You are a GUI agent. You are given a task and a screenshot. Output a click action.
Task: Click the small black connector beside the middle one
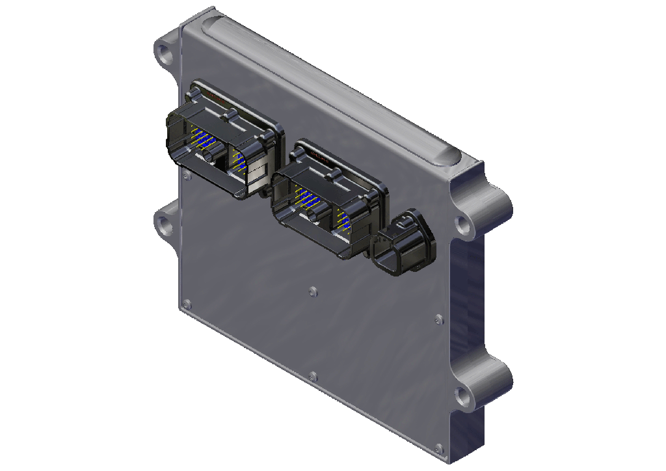[x=404, y=242]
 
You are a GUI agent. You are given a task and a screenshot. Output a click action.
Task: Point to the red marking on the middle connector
[x=321, y=157]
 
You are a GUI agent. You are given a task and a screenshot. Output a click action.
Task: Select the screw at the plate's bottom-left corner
[x=187, y=303]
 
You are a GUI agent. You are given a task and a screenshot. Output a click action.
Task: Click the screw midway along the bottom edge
[x=313, y=376]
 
